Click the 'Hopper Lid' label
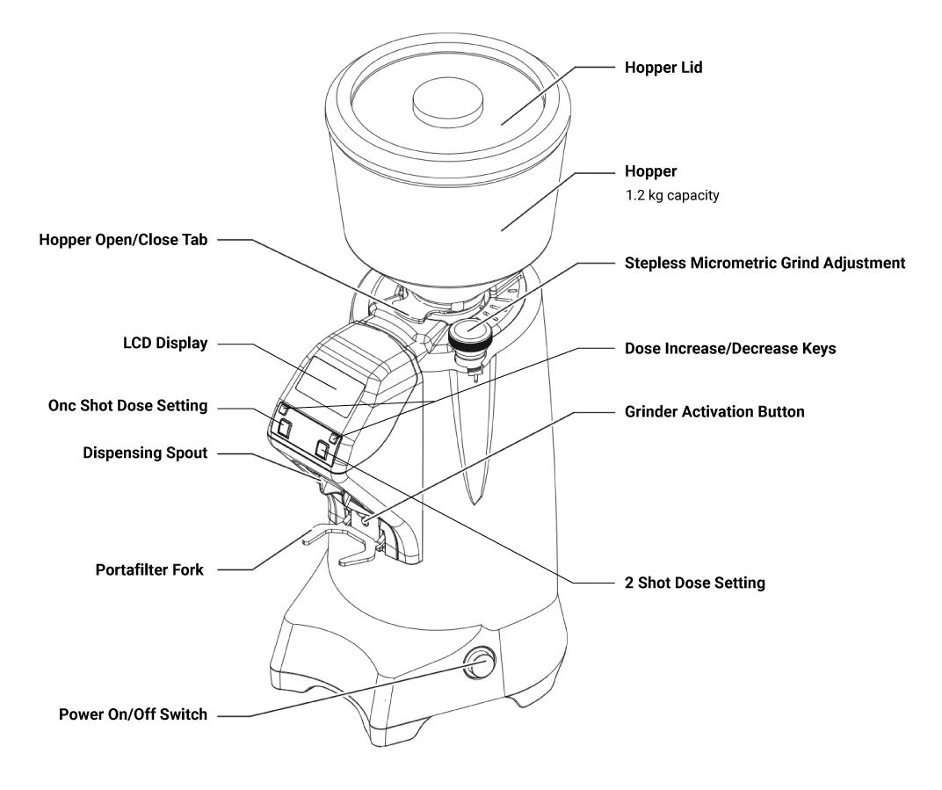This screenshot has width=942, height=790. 663,68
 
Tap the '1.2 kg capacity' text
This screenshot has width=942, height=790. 672,195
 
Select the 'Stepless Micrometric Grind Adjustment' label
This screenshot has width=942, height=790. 764,263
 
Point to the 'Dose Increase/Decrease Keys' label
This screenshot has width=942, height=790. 730,349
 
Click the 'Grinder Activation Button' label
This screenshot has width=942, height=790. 714,411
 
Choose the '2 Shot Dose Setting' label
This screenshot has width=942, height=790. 695,583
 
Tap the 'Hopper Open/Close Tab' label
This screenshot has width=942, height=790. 123,240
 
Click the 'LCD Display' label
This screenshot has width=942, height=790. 165,343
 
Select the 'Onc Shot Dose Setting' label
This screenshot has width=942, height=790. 128,405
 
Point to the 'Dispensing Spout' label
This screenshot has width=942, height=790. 145,453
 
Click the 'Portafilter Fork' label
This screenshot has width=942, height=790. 149,569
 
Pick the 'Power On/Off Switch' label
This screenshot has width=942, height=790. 133,714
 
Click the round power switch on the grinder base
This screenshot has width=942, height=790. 480,663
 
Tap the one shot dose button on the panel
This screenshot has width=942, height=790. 284,428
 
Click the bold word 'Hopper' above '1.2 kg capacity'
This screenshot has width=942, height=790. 650,171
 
